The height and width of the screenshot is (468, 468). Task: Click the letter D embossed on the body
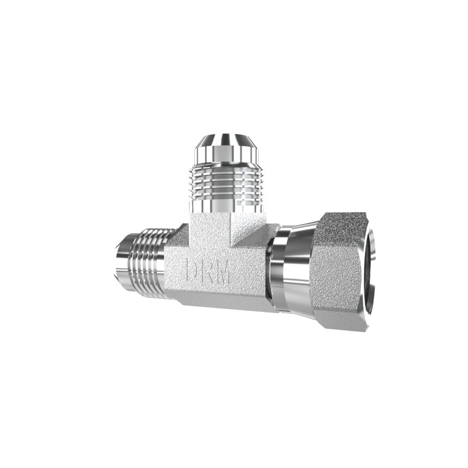pos(192,270)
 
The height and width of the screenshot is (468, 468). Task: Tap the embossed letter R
pos(207,270)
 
